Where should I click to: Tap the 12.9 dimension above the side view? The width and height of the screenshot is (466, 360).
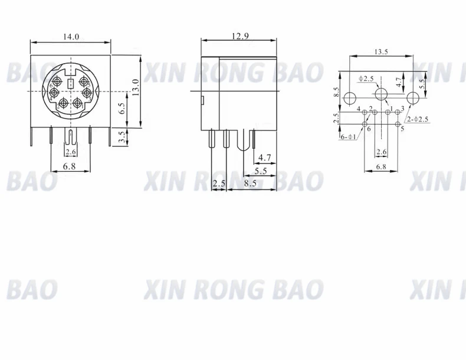point(240,37)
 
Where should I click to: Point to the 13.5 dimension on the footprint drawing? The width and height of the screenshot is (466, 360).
point(380,52)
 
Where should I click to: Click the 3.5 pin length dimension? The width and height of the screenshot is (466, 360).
point(122,138)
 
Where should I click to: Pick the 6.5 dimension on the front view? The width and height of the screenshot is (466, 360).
point(122,108)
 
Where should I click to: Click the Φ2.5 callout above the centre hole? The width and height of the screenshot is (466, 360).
point(366,78)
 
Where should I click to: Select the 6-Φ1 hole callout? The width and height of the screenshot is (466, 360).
point(348,136)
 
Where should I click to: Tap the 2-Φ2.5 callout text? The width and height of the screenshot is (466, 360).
point(417,120)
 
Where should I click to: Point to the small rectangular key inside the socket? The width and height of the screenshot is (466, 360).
point(71,84)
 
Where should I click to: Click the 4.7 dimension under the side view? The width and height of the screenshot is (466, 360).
point(265,158)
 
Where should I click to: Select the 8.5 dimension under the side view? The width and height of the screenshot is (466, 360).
point(250,184)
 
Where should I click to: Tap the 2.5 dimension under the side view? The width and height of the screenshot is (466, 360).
point(219,184)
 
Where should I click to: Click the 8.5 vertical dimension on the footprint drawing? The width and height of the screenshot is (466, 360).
point(336,92)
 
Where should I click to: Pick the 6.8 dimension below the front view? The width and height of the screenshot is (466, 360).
point(70,166)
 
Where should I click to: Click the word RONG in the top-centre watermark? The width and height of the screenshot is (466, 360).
point(229,73)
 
